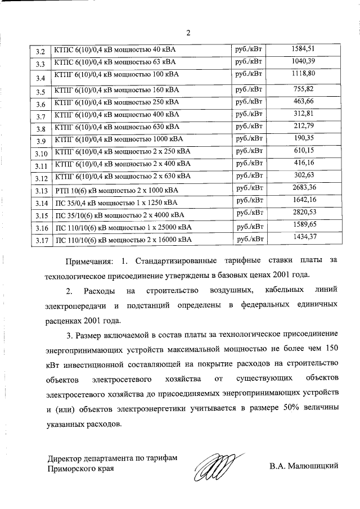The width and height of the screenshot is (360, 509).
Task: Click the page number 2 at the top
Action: pyautogui.click(x=188, y=32)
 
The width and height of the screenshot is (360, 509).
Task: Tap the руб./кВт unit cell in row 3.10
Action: pyautogui.click(x=250, y=151)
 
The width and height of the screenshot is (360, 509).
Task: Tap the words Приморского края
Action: pyautogui.click(x=77, y=469)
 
